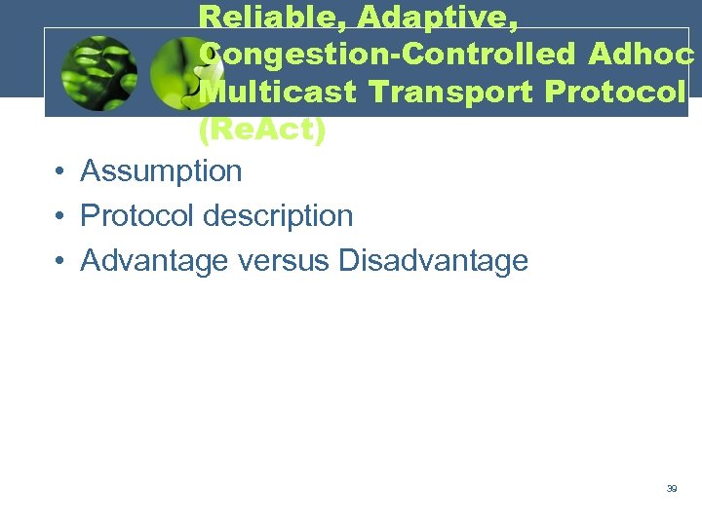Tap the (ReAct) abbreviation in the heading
pyautogui.click(x=261, y=130)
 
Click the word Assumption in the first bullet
pyautogui.click(x=161, y=171)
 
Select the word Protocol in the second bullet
pyautogui.click(x=136, y=215)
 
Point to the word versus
pyautogui.click(x=286, y=260)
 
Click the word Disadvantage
pyautogui.click(x=433, y=260)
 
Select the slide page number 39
pyautogui.click(x=672, y=489)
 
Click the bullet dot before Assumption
pyautogui.click(x=60, y=172)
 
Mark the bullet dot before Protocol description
pyautogui.click(x=60, y=216)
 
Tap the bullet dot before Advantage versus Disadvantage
pyautogui.click(x=60, y=261)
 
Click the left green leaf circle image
pyautogui.click(x=98, y=74)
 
